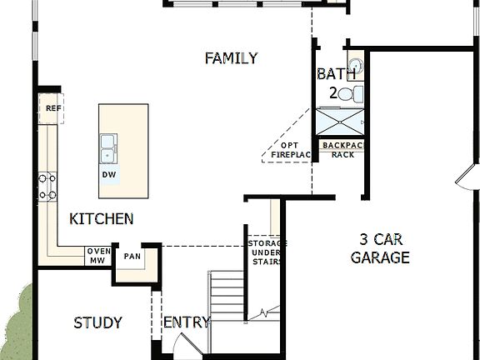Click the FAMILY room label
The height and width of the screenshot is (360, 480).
[231, 58]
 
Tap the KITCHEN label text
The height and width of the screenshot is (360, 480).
[101, 219]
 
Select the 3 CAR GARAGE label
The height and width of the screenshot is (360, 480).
[379, 247]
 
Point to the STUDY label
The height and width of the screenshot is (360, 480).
[97, 323]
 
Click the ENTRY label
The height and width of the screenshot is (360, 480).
[187, 323]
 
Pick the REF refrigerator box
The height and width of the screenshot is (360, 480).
[52, 108]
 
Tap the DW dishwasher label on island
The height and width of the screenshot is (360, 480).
[108, 175]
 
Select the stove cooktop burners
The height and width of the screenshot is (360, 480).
[48, 187]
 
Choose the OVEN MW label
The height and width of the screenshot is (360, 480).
[98, 256]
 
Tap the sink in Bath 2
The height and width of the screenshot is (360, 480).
[355, 65]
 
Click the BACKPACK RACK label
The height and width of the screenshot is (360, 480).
[342, 149]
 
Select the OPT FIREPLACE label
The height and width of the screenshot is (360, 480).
[289, 151]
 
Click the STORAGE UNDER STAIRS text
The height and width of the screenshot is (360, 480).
[267, 252]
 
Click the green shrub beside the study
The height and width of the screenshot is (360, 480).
[15, 321]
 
